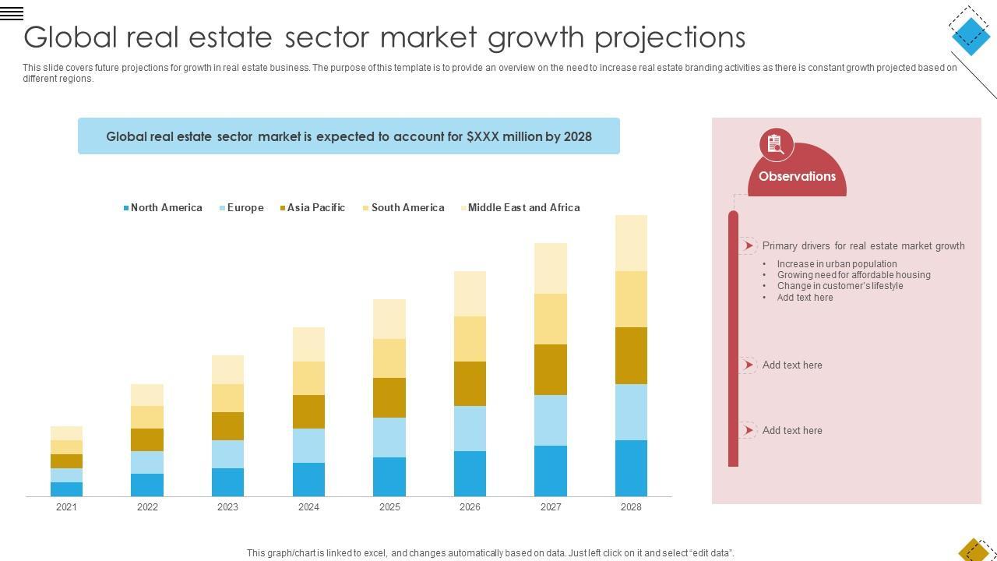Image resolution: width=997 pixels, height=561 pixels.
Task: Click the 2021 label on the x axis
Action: click(x=66, y=507)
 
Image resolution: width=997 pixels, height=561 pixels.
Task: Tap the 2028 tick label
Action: click(x=631, y=507)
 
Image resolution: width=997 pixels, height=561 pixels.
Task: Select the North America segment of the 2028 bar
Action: click(x=631, y=468)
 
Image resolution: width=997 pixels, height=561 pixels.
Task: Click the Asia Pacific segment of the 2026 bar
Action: click(x=470, y=384)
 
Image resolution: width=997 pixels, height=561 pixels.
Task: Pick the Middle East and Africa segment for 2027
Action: click(x=551, y=269)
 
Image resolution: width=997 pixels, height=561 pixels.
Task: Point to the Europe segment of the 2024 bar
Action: click(x=308, y=446)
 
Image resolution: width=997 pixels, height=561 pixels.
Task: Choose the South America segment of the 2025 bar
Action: click(x=389, y=358)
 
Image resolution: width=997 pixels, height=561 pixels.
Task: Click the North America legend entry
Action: click(x=163, y=208)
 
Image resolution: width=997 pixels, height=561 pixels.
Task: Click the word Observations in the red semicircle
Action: click(x=797, y=177)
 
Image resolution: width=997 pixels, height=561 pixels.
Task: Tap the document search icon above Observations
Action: click(x=776, y=144)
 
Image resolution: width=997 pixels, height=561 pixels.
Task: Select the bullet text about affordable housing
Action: click(x=854, y=275)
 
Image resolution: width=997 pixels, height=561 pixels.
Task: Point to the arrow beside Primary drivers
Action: click(x=748, y=246)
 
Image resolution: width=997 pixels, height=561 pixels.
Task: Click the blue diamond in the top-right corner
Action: click(x=971, y=33)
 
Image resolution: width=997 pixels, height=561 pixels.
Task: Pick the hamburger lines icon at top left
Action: click(x=12, y=13)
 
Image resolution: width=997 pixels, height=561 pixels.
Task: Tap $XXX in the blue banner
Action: click(x=482, y=137)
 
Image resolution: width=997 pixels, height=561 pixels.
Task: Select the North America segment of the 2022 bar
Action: click(x=147, y=485)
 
